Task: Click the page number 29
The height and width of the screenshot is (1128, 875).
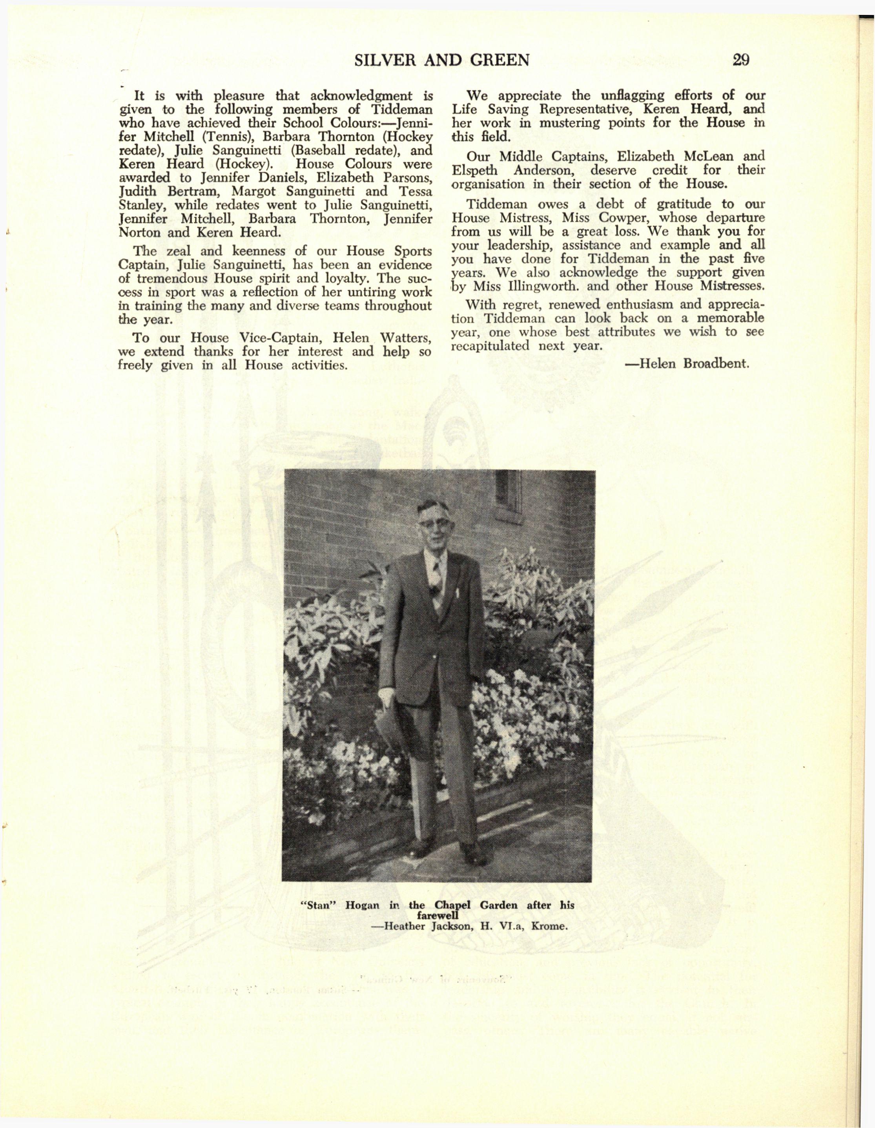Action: [741, 60]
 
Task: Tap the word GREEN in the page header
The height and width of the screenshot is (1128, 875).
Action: [499, 60]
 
